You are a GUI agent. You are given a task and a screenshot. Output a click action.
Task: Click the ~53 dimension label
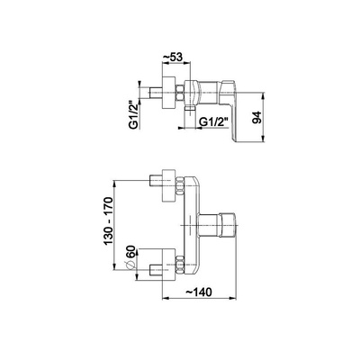172,58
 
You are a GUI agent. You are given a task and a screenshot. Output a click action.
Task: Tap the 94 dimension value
257,117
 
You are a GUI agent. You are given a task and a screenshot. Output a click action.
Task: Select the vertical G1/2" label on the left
134,115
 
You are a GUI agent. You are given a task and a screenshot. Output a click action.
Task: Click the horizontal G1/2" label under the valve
214,122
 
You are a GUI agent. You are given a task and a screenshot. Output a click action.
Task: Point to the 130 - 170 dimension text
108,220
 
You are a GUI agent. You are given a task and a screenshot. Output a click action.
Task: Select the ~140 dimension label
198,292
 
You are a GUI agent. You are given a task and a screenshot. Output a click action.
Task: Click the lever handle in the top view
229,109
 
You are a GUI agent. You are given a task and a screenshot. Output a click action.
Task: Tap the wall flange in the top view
168,93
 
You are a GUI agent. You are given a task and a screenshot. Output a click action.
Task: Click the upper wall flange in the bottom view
168,185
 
